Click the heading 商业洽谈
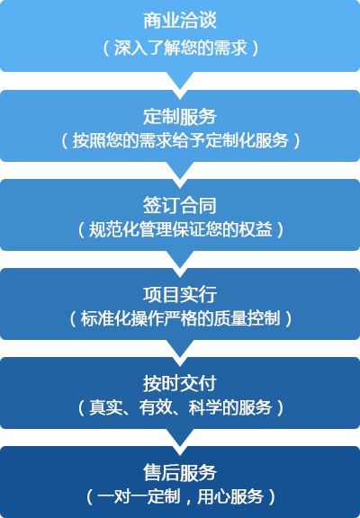coord(180,21)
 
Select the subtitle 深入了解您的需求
coord(181,48)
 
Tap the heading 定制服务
coord(180,117)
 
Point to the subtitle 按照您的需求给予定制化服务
coord(181,140)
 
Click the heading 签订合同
coord(180,205)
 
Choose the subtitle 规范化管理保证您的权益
coord(181,229)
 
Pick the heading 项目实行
coord(180,294)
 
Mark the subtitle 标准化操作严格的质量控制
coord(181,318)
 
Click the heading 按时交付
coord(180,383)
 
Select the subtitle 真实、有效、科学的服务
coord(181,407)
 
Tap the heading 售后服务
coord(180,472)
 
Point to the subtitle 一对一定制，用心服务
coord(181,496)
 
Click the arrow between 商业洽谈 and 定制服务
coord(180,79)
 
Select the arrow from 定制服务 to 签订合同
coord(180,169)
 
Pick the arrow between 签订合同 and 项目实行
coord(180,258)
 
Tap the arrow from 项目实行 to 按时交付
coord(180,347)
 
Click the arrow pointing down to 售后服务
coord(180,437)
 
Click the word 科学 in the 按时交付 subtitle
coord(205,407)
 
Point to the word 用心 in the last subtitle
coord(213,496)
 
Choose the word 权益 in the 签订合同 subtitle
coord(256,229)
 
